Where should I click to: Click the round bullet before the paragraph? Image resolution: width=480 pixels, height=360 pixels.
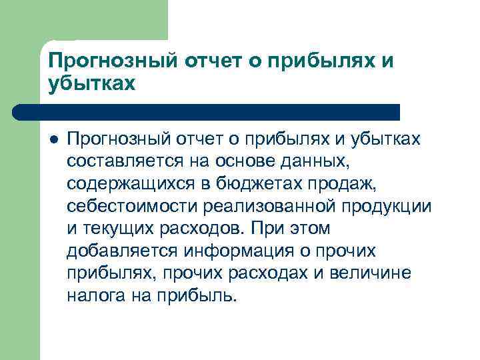[54, 139]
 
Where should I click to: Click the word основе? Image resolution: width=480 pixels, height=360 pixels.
[252, 161]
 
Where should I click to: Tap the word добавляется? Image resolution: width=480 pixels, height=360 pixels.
[121, 251]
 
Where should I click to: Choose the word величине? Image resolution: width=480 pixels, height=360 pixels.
[375, 273]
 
